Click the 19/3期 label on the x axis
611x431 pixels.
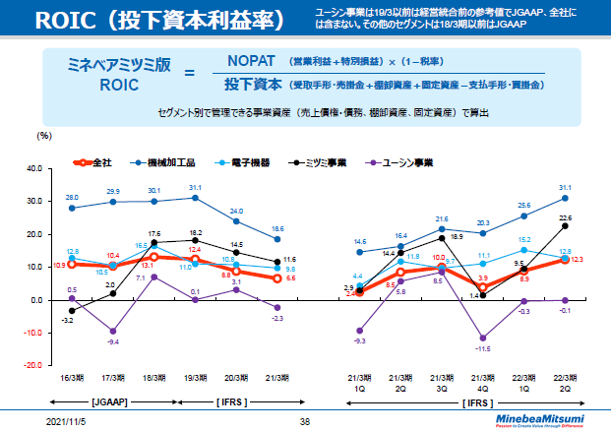click(x=196, y=377)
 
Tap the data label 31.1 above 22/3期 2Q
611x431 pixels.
click(x=564, y=187)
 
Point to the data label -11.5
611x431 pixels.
click(x=482, y=349)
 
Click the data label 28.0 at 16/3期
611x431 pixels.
click(x=72, y=198)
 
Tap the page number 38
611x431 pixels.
click(x=305, y=421)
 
